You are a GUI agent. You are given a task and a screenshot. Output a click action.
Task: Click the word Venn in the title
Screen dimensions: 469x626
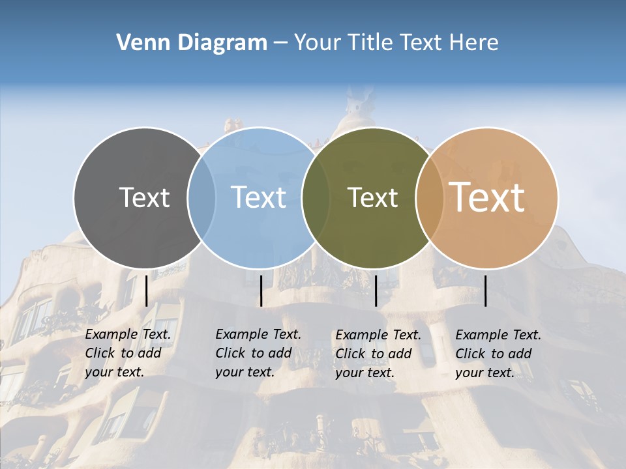point(138,42)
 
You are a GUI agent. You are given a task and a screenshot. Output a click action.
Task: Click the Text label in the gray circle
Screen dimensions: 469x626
point(144,197)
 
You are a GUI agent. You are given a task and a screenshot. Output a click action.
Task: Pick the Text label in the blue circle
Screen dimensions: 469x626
point(258,197)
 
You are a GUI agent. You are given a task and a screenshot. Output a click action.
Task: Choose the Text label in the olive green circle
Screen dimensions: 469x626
point(372,197)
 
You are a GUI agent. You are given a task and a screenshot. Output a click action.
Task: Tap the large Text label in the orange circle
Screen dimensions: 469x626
point(487,197)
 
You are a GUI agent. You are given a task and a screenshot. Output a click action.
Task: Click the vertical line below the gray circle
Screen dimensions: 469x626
point(146,291)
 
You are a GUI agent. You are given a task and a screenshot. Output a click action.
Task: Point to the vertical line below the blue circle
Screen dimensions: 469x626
point(261,291)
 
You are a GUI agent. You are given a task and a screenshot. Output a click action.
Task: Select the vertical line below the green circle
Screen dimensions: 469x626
point(376,291)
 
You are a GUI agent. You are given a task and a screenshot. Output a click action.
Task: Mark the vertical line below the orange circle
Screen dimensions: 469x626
point(485,291)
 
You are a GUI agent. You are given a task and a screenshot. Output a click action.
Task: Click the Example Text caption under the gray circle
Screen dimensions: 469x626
point(127,353)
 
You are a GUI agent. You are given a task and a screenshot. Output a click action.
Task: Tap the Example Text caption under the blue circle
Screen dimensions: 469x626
point(258,353)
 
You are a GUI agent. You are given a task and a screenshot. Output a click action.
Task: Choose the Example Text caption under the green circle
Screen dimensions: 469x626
point(378,354)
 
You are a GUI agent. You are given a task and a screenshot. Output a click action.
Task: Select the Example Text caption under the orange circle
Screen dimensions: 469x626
point(498,354)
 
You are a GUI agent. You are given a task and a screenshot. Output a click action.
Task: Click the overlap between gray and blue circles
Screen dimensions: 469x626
point(201,197)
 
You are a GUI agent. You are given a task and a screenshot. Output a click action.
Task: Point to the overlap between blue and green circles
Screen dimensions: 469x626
point(316,197)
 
